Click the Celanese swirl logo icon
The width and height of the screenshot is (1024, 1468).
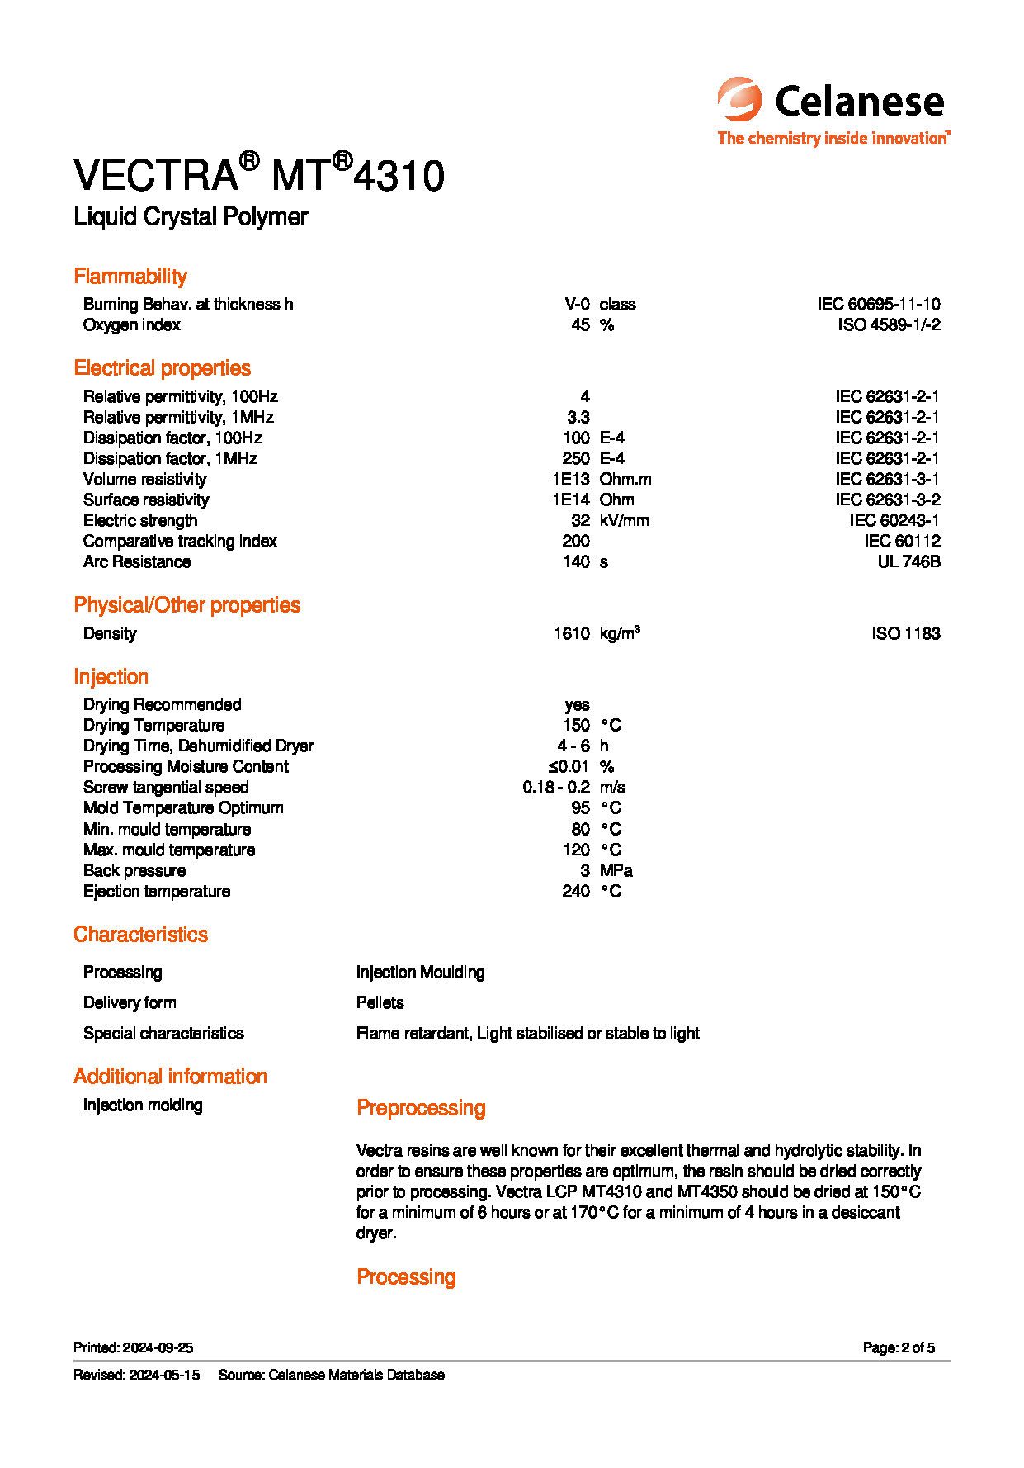click(x=739, y=100)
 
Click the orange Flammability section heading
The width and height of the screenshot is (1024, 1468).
click(x=130, y=277)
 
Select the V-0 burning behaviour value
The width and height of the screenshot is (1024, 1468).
click(x=577, y=305)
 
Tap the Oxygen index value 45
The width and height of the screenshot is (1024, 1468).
click(x=580, y=325)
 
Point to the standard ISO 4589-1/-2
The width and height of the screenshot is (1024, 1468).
click(x=889, y=325)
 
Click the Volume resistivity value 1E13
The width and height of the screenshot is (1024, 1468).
click(x=571, y=480)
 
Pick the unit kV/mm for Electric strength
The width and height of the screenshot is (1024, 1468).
click(x=624, y=521)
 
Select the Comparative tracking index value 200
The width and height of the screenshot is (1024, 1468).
click(x=576, y=542)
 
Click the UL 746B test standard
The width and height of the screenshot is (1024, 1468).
click(x=908, y=562)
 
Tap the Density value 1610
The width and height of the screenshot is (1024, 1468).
click(x=572, y=634)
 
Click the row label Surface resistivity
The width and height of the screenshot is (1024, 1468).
click(x=146, y=500)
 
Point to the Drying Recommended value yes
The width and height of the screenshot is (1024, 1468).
click(x=577, y=705)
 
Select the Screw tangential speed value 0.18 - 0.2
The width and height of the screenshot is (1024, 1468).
click(x=556, y=788)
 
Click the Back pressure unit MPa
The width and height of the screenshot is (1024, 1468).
click(x=616, y=871)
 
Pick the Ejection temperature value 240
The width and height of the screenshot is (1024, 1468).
click(x=576, y=892)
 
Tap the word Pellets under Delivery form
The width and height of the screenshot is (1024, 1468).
click(x=380, y=1003)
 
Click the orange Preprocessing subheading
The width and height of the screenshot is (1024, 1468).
click(x=421, y=1108)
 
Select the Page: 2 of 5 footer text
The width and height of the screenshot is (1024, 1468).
click(x=899, y=1348)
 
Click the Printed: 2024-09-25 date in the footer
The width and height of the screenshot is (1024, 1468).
click(x=133, y=1348)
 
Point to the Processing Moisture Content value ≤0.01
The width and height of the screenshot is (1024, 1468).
click(x=569, y=767)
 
